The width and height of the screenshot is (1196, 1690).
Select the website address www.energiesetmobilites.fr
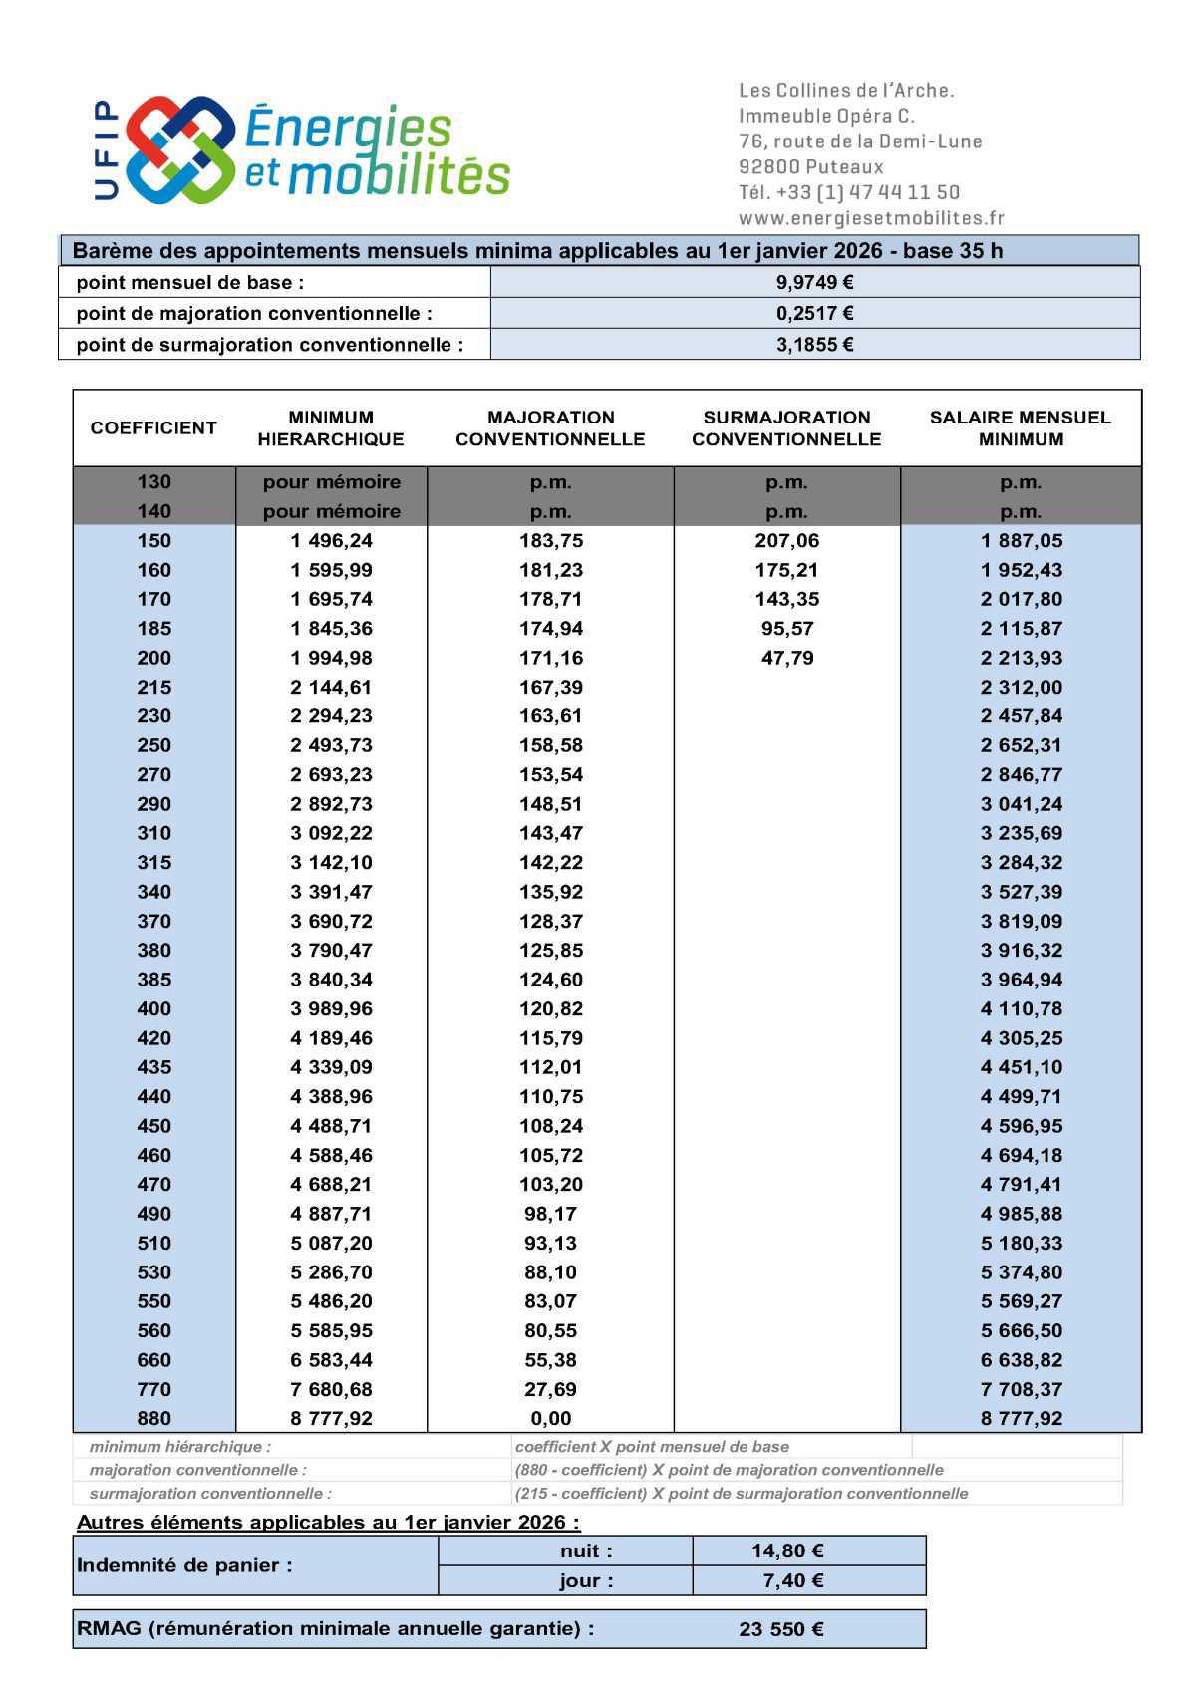pyautogui.click(x=871, y=218)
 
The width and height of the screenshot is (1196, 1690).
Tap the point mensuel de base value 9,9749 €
pyautogui.click(x=814, y=282)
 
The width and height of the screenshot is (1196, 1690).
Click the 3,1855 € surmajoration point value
pyautogui.click(x=814, y=345)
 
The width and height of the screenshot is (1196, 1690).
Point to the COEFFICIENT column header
pyautogui.click(x=153, y=428)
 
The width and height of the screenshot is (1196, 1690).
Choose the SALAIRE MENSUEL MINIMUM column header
pyautogui.click(x=1020, y=428)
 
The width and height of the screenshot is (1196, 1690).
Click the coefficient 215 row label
pyautogui.click(x=154, y=687)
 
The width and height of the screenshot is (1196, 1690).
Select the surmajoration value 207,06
pyautogui.click(x=786, y=541)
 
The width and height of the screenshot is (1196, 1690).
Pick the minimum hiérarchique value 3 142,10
pyautogui.click(x=331, y=862)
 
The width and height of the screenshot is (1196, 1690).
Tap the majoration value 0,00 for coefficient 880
pyautogui.click(x=550, y=1418)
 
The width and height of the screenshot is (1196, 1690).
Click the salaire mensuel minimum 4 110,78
pyautogui.click(x=1021, y=1008)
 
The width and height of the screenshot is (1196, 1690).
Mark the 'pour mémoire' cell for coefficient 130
pyautogui.click(x=331, y=482)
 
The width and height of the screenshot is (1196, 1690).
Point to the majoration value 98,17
pyautogui.click(x=550, y=1214)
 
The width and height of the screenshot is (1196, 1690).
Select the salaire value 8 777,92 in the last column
pyautogui.click(x=1021, y=1418)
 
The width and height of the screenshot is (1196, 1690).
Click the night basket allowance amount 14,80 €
pyautogui.click(x=786, y=1550)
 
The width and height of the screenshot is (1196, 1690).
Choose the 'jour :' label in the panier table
pyautogui.click(x=586, y=1580)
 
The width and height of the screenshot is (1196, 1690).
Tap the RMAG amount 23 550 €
pyautogui.click(x=780, y=1630)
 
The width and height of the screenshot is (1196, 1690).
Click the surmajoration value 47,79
pyautogui.click(x=786, y=658)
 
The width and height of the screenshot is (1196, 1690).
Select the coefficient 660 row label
pyautogui.click(x=154, y=1360)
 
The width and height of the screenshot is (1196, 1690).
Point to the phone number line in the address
pyautogui.click(x=848, y=192)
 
